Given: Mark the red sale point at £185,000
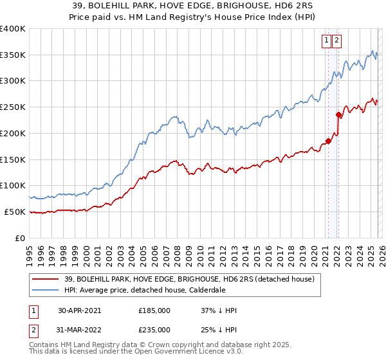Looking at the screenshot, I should point(327,141).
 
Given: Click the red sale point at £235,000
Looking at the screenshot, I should point(338,115).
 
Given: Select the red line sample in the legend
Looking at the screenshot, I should point(46,279).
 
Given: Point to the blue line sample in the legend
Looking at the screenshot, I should point(46,290).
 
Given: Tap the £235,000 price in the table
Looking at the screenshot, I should point(154,330).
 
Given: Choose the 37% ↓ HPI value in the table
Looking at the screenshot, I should point(219,310).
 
